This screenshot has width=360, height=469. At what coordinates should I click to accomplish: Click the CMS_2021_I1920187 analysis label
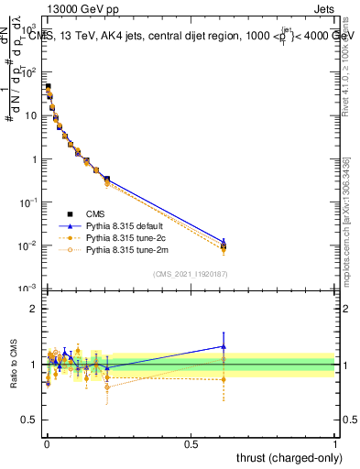coord(191,274)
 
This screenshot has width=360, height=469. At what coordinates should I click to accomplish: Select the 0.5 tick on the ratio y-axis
coord(29,423)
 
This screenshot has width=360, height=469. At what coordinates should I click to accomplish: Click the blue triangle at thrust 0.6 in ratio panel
coord(223,346)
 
